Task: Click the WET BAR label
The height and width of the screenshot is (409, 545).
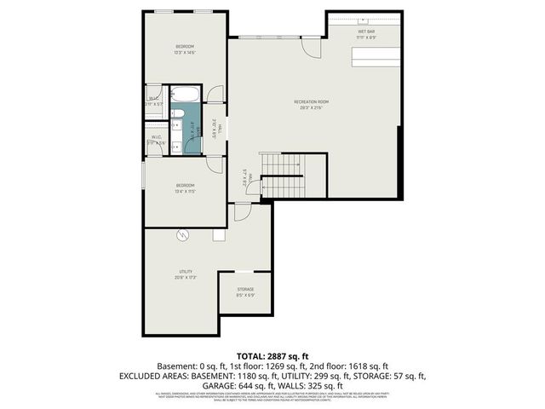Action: [366, 32]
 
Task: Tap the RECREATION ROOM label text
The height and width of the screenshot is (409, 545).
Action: [312, 101]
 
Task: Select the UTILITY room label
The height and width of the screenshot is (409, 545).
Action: [185, 272]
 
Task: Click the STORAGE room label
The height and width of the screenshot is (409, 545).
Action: [245, 290]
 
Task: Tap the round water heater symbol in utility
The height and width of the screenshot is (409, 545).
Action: [181, 235]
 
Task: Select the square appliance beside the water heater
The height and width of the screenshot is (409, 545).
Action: [219, 234]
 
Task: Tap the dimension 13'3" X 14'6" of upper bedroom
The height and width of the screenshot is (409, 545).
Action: [185, 52]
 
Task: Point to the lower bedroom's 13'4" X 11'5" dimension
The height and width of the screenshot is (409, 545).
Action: [186, 192]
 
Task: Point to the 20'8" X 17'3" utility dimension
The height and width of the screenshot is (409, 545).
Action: [185, 278]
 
